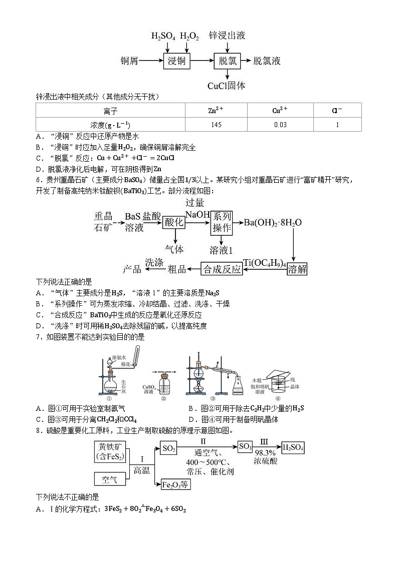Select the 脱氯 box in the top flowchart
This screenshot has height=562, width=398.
coord(228,61)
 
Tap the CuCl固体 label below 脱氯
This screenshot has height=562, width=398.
coord(227,86)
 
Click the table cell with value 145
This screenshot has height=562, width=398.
coord(216,125)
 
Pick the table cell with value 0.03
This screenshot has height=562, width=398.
coord(280,125)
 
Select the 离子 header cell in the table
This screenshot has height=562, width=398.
coord(111,111)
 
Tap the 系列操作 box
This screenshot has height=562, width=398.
coord(222,222)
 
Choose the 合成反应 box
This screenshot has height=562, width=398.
coord(222,269)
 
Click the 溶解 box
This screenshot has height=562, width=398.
coord(297,269)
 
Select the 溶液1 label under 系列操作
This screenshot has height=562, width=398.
coord(222,249)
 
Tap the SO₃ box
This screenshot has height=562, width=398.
coord(245,447)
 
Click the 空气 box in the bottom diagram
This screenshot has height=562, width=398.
coord(110,479)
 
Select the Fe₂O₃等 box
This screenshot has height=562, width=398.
coord(176,484)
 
